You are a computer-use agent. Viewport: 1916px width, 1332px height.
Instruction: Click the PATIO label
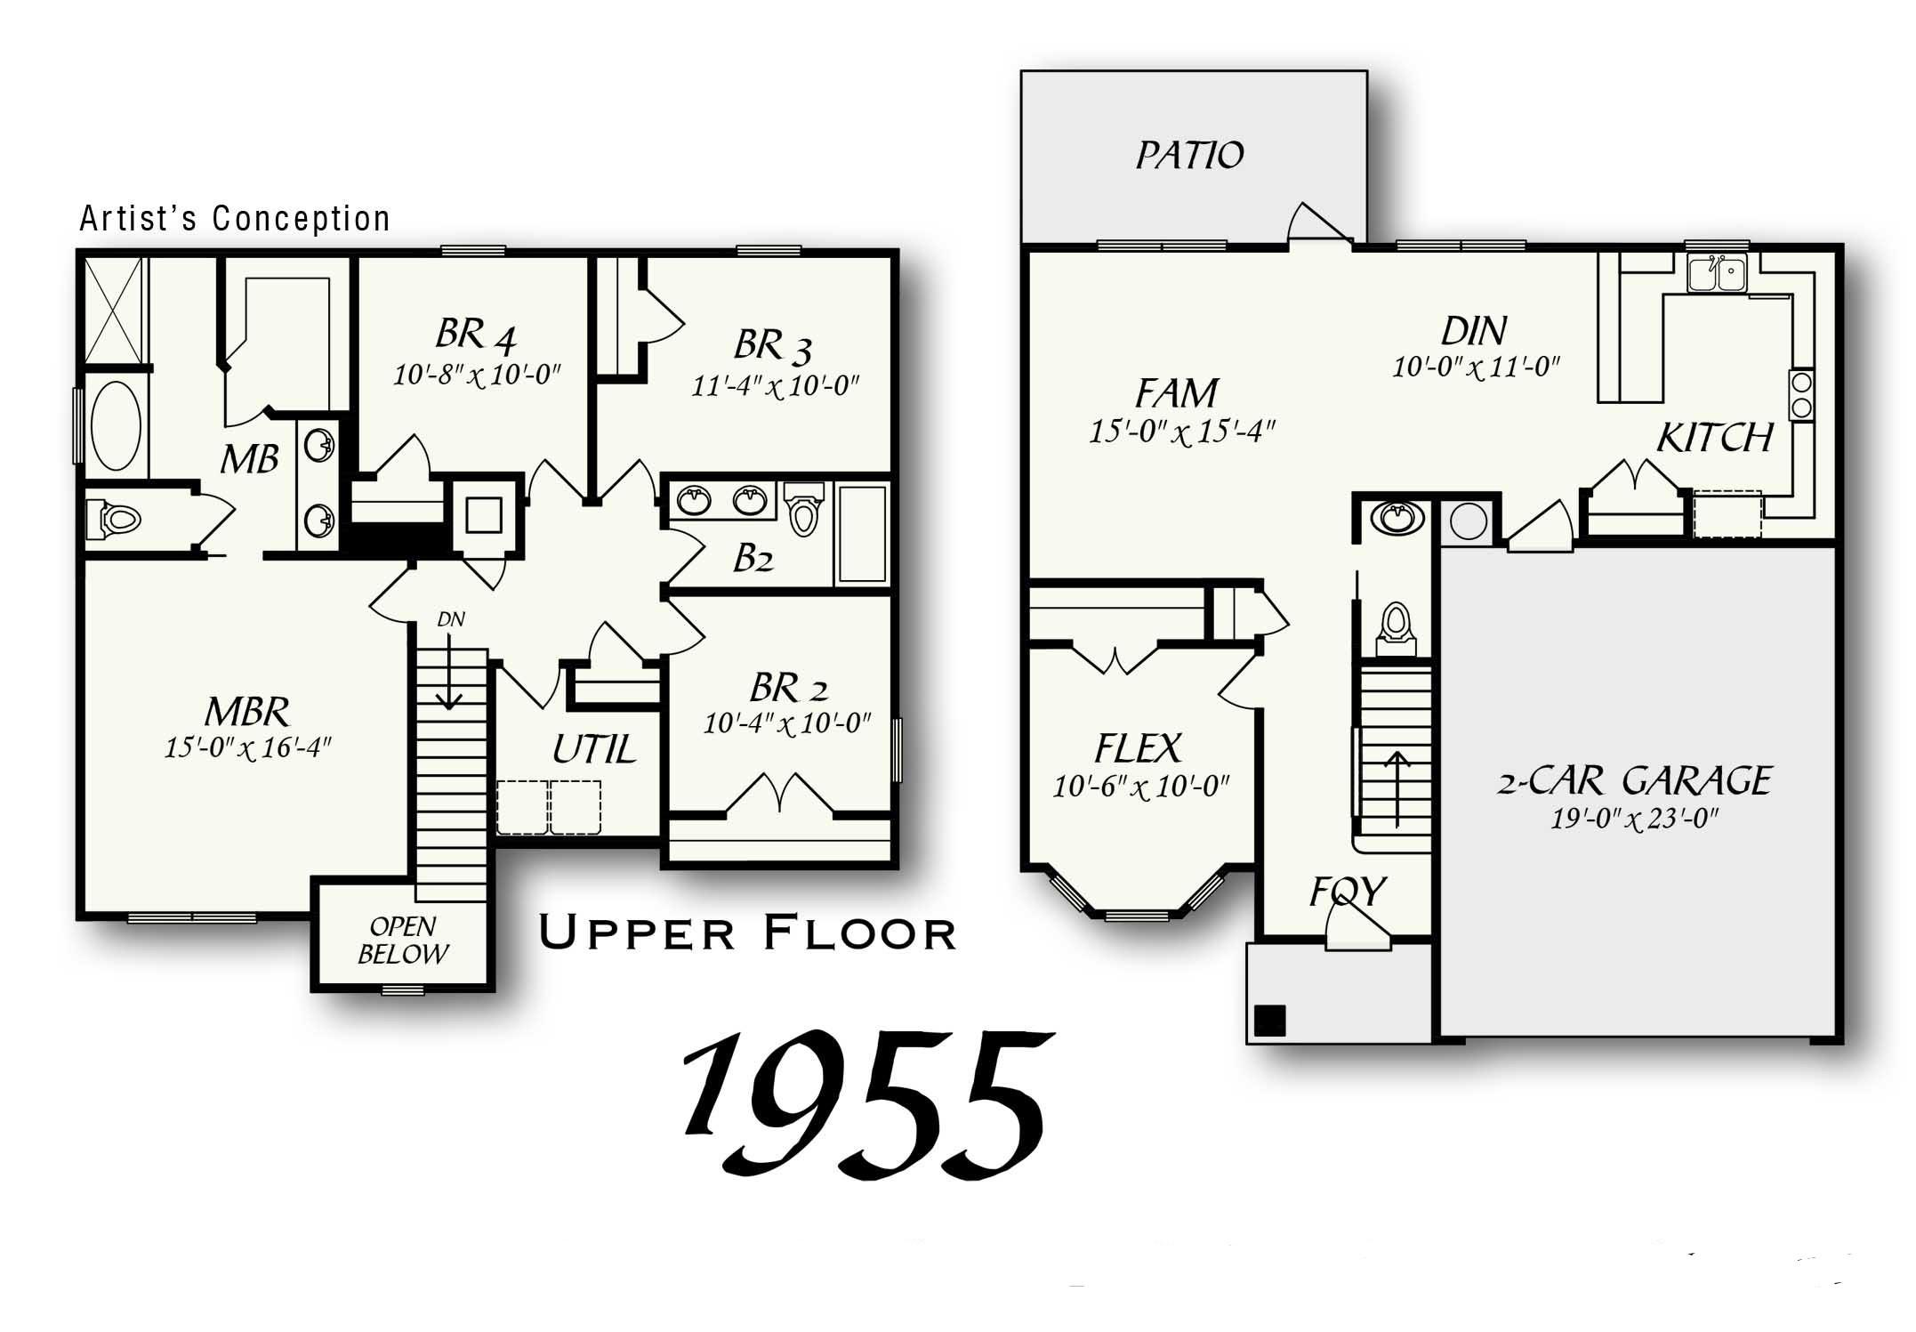(1189, 156)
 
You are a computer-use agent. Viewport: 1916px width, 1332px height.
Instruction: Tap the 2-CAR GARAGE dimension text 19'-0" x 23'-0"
(1633, 819)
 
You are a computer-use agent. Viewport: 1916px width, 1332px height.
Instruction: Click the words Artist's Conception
(235, 219)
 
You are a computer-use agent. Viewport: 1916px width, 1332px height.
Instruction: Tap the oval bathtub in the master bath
(117, 427)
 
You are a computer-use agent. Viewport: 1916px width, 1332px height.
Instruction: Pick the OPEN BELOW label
(403, 940)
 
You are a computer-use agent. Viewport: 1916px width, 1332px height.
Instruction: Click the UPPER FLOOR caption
(747, 933)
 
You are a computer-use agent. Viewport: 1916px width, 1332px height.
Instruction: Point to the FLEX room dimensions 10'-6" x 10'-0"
(1140, 787)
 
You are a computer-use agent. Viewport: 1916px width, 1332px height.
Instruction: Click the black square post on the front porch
(1270, 1020)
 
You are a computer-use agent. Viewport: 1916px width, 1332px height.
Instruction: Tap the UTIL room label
(593, 749)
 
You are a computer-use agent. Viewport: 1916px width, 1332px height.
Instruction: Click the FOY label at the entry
(1347, 891)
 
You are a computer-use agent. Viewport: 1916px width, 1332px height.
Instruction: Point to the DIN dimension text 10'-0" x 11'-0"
(1476, 367)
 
